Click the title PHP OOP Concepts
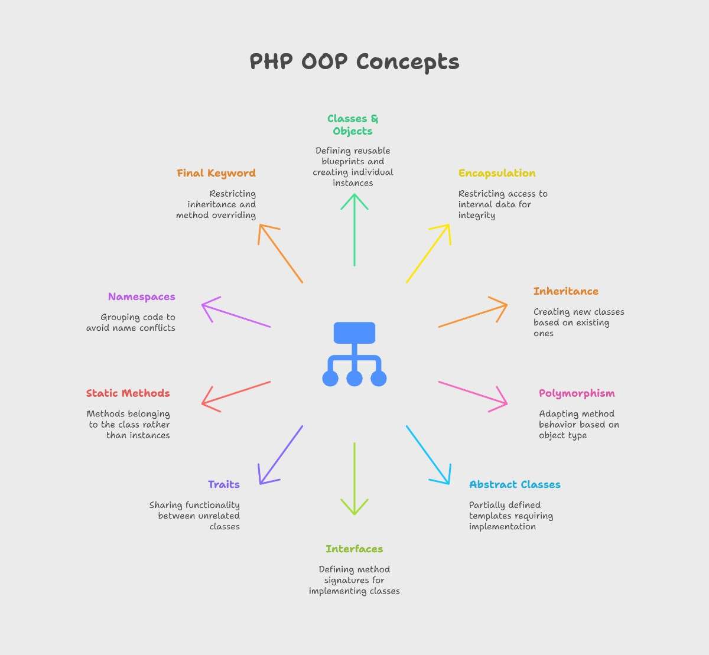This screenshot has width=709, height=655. click(354, 62)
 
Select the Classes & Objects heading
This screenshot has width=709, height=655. click(353, 125)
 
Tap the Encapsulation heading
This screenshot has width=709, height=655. click(497, 174)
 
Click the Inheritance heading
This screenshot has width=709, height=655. click(566, 291)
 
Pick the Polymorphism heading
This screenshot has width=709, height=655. click(577, 393)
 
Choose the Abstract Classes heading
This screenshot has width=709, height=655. click(515, 484)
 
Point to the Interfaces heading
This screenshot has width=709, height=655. click(354, 549)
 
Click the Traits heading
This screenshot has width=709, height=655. click(224, 484)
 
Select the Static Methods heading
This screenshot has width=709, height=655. click(128, 393)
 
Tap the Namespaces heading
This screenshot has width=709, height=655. click(142, 297)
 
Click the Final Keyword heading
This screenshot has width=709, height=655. click(216, 173)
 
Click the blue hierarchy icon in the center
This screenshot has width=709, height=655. click(354, 354)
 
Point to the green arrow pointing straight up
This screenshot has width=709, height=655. click(354, 230)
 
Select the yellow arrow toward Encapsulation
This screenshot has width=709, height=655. click(428, 253)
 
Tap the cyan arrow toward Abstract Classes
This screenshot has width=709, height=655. click(428, 455)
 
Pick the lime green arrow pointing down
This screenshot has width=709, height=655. click(354, 479)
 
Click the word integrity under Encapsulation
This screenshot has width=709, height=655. click(477, 216)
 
